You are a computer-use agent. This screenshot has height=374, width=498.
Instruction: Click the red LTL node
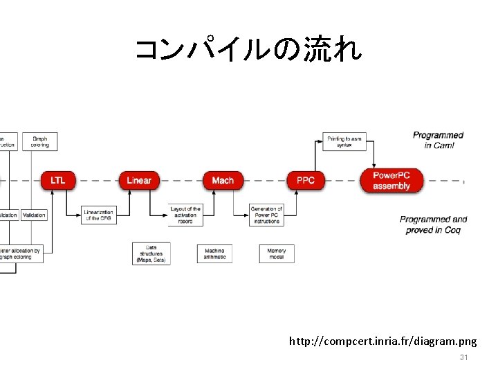coord(58,180)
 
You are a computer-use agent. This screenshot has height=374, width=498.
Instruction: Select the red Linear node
coord(139,180)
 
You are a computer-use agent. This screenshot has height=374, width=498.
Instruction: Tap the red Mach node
coord(223,180)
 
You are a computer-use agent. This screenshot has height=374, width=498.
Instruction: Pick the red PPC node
coord(305,180)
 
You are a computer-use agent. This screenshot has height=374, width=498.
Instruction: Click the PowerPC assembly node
coord(391,180)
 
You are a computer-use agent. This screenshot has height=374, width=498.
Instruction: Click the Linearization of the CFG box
coord(98,215)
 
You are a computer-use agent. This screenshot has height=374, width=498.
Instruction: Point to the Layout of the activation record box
coord(185,215)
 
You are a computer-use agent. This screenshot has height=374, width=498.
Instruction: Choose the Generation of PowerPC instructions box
coord(266,215)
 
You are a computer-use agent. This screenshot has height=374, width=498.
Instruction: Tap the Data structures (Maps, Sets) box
coord(151,253)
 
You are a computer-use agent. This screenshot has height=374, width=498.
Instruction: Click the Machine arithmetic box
coord(214,253)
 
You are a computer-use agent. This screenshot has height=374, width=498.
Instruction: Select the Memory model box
coord(277,253)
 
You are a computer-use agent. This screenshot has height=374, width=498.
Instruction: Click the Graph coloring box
coord(39,141)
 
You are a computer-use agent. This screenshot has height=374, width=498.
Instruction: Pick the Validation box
coord(34,215)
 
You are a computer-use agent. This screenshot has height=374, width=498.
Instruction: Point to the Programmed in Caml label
coord(438,140)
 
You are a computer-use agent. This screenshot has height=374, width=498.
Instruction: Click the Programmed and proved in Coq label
coord(433,224)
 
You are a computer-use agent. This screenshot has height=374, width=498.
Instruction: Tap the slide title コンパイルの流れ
coord(248,51)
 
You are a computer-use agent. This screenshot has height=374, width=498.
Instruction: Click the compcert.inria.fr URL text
coord(382,341)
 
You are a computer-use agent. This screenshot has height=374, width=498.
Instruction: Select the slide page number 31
coord(464,357)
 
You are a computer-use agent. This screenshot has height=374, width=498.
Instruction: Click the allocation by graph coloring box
coord(21,253)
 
